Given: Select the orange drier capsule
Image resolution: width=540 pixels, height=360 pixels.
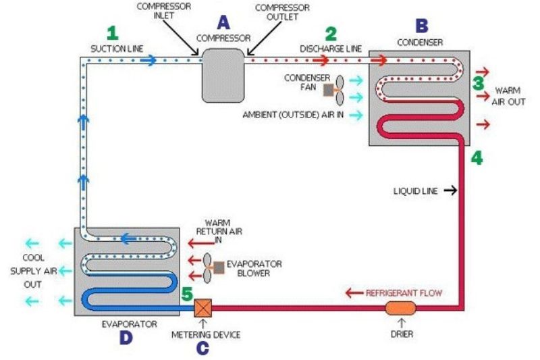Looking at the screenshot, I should pos(401,308).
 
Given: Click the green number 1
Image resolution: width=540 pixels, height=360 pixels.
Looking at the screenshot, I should pos(113,32).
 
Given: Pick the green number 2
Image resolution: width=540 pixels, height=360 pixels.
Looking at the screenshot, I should pos(331,32).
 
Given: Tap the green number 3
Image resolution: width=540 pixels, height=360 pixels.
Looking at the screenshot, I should pos(478,84).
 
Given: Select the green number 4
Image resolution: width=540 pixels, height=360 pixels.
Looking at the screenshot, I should pos(477,158).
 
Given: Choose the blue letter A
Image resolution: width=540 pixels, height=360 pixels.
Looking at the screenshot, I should pos(223,22).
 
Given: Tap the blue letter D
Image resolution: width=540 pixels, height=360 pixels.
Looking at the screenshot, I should pos(126,338).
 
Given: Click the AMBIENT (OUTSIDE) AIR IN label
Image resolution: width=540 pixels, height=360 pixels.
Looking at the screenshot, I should pos(294,115).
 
